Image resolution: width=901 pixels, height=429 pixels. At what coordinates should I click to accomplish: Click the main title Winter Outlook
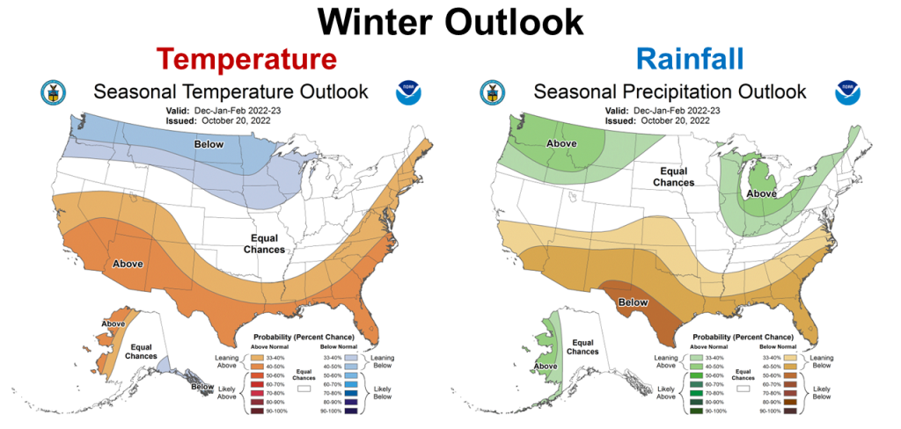click(x=450, y=21)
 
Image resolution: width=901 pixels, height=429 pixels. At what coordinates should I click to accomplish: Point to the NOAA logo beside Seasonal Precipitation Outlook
click(x=848, y=91)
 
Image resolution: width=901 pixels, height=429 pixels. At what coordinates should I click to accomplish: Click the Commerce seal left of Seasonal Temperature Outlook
click(x=53, y=91)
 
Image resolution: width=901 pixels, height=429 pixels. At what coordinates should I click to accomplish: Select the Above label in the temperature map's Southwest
click(x=128, y=263)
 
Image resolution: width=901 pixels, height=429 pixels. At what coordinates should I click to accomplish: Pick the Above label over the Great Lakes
click(x=761, y=193)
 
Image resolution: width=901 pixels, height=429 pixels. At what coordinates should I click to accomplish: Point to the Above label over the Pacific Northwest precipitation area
click(x=560, y=143)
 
